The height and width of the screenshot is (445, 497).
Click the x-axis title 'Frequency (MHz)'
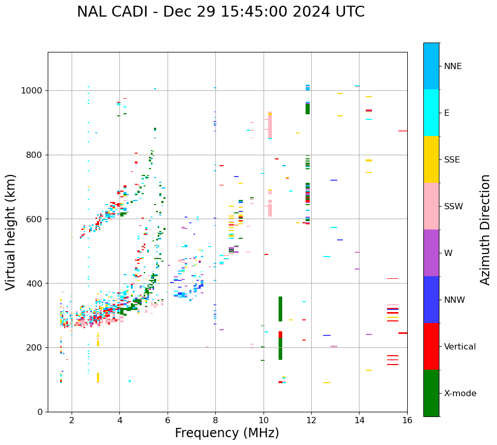227,433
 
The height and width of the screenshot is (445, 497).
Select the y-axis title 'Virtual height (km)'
11,232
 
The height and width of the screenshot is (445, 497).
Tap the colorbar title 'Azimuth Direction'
485,230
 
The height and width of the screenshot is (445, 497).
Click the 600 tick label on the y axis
35,219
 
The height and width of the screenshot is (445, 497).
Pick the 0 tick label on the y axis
40,412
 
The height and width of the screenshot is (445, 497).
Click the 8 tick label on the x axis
215,420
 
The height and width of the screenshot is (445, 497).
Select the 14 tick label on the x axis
359,420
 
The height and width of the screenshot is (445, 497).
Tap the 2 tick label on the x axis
72,420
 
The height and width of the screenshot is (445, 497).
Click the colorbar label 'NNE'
452,66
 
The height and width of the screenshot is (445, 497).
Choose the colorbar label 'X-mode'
460,394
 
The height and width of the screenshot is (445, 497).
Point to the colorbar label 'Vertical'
460,347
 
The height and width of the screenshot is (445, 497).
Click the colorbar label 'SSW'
453,207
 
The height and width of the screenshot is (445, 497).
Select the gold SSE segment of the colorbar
431,159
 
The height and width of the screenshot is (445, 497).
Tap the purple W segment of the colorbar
431,253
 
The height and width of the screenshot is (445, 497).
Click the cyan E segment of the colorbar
431,113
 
